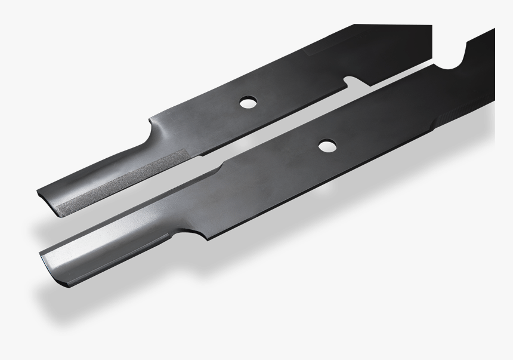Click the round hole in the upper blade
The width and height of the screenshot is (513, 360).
(246, 103)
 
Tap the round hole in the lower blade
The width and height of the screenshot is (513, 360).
(326, 145)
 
